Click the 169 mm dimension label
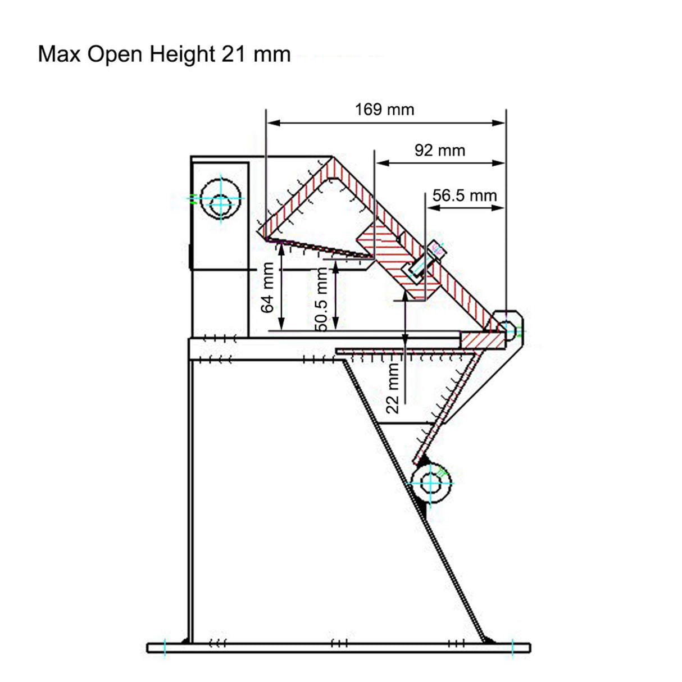(x=384, y=110)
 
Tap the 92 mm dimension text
(x=439, y=151)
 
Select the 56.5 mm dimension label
(x=465, y=195)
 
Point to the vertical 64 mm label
(x=267, y=288)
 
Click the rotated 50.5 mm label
(x=322, y=299)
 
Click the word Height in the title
(x=182, y=54)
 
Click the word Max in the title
(x=60, y=54)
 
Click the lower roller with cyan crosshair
(x=430, y=483)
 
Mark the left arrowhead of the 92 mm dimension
(x=382, y=163)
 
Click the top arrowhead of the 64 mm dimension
(x=281, y=249)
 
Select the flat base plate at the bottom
(x=338, y=648)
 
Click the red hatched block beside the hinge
(x=483, y=340)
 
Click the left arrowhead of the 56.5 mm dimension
(x=433, y=208)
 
